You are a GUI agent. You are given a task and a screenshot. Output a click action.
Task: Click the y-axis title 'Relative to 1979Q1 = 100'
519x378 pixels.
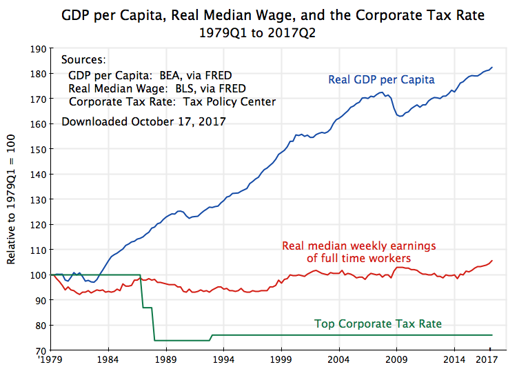pos(12,200)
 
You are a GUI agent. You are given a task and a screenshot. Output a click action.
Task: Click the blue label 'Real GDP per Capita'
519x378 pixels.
pos(381,80)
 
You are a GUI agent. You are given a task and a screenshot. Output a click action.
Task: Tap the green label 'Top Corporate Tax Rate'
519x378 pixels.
pos(378,323)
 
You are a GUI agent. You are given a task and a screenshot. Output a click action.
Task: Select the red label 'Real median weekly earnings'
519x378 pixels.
pos(359,246)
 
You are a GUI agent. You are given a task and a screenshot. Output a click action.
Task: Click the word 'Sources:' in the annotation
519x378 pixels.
pos(83,60)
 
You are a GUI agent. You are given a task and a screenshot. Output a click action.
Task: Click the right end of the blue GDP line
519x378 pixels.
pos(492,68)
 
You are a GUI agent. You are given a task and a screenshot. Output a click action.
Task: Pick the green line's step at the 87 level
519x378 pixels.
pos(147,308)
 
